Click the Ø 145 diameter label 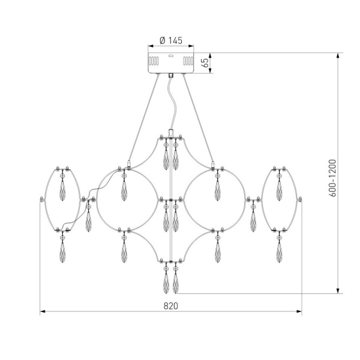171,40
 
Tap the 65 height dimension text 205,62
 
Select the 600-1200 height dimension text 332,178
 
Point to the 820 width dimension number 171,306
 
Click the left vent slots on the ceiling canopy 154,61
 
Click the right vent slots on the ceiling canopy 188,61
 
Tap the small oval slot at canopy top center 171,56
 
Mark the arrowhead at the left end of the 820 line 43,311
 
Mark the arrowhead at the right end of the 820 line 299,311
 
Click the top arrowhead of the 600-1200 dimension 338,56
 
